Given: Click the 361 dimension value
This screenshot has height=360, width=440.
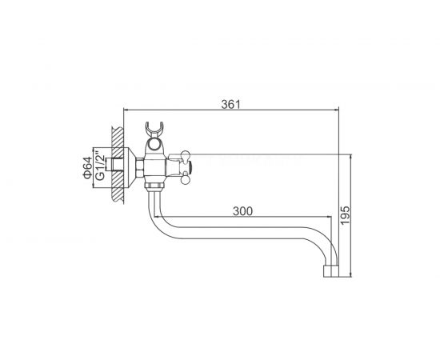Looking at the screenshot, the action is tap(230, 104).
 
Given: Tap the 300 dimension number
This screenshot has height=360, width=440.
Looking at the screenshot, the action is tap(242, 211).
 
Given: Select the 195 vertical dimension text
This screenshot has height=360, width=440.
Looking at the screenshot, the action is tap(346, 215).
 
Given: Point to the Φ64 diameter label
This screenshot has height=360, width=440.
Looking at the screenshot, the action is tap(87, 168).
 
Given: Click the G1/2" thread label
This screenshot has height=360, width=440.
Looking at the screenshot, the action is tap(100, 166).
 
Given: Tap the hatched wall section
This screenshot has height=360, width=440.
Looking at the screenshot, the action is tap(118, 165).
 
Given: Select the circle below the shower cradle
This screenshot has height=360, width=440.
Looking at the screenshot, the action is tap(154, 146).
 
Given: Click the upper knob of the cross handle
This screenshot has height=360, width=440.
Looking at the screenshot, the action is tap(186, 155).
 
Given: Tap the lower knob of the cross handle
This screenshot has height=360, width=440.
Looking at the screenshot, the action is tap(186, 179).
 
